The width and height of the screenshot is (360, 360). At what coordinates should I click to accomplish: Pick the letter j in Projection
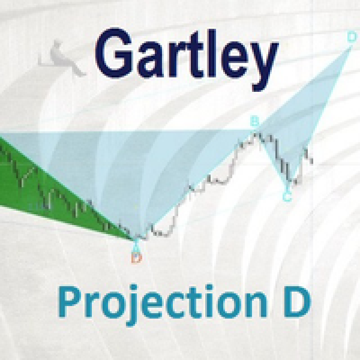(134, 306)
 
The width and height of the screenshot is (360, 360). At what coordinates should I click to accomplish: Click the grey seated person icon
(62, 58)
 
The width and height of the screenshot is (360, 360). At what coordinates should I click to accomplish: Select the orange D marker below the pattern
(137, 257)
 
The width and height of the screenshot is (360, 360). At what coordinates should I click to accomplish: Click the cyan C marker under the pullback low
(287, 197)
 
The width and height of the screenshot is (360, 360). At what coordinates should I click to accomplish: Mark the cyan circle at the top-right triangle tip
(351, 37)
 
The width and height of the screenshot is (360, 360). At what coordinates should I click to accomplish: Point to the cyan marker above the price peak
(254, 121)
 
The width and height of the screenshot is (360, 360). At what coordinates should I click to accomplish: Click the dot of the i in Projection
(210, 288)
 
